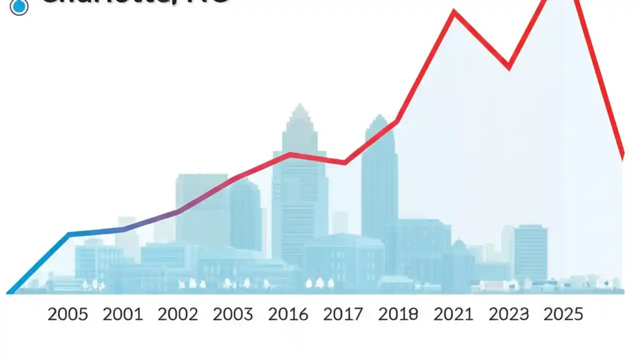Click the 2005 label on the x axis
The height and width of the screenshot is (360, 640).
67,314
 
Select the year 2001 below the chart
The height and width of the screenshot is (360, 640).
122,314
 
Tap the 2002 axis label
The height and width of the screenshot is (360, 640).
178,314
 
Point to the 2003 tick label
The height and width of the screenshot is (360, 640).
233,314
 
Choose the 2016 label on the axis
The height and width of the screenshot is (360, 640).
288,314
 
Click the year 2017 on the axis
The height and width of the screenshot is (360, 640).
343,314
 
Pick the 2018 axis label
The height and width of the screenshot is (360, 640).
398,314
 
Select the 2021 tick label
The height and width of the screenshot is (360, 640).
453,314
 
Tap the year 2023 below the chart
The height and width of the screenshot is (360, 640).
508,314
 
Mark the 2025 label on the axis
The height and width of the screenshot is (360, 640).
563,314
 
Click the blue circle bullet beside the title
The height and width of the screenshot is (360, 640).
19,6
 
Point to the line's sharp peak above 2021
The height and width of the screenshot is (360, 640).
454,11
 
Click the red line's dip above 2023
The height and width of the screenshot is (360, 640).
508,67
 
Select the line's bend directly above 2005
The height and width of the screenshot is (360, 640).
69,234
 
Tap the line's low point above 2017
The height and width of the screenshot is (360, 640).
345,162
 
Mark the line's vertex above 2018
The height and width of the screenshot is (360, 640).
397,121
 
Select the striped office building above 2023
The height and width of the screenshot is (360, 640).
530,252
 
